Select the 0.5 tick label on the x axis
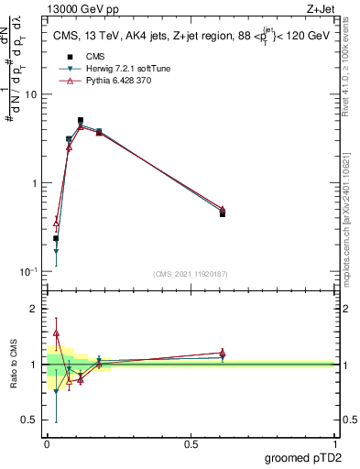(x=191, y=444)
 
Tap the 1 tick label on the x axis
(x=334, y=444)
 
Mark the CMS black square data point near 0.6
(x=223, y=213)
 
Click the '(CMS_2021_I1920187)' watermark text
(x=191, y=273)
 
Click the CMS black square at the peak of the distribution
(x=81, y=121)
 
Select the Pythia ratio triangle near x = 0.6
(x=223, y=352)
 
